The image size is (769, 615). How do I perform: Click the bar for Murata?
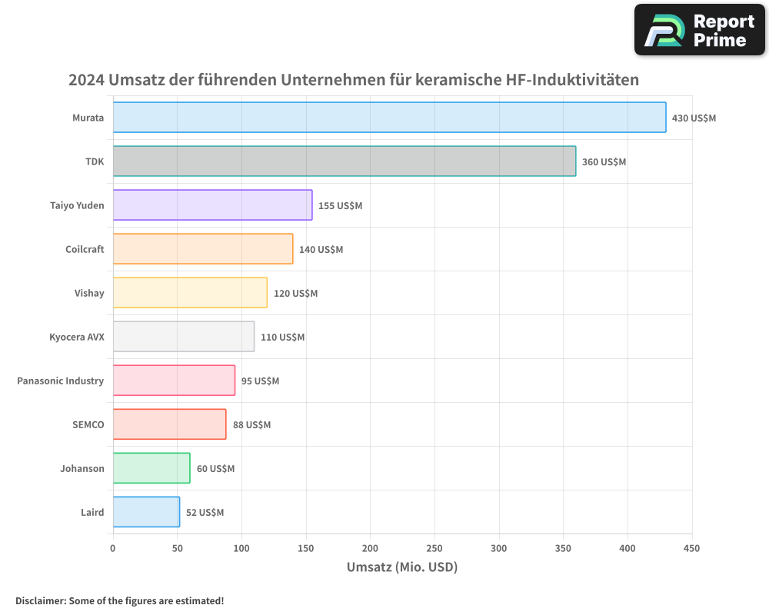pyautogui.click(x=389, y=118)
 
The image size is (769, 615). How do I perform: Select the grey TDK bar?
pyautogui.click(x=344, y=161)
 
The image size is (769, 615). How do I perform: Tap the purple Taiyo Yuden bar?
pyautogui.click(x=212, y=205)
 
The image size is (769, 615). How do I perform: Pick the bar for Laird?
pyautogui.click(x=146, y=512)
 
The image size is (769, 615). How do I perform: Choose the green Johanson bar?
pyautogui.click(x=151, y=468)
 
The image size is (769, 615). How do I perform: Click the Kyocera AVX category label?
pyautogui.click(x=76, y=337)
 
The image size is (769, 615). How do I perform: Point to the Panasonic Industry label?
pyautogui.click(x=60, y=381)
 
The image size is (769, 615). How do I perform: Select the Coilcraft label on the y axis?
pyautogui.click(x=85, y=249)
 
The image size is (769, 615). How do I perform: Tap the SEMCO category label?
pyautogui.click(x=88, y=424)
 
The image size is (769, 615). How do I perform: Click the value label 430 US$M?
pyautogui.click(x=694, y=118)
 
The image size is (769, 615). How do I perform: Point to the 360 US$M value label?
pyautogui.click(x=604, y=162)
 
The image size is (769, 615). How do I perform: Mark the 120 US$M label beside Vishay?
pyautogui.click(x=295, y=294)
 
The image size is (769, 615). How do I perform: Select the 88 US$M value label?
pyautogui.click(x=251, y=425)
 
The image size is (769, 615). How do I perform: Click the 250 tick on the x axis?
pyautogui.click(x=434, y=548)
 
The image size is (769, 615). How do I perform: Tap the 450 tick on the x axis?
pyautogui.click(x=691, y=548)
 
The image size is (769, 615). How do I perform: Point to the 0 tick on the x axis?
pyautogui.click(x=113, y=548)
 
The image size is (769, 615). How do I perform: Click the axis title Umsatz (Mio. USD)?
pyautogui.click(x=402, y=567)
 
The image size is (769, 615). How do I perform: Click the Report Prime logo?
pyautogui.click(x=700, y=30)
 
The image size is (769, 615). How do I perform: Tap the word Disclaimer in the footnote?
pyautogui.click(x=40, y=600)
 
